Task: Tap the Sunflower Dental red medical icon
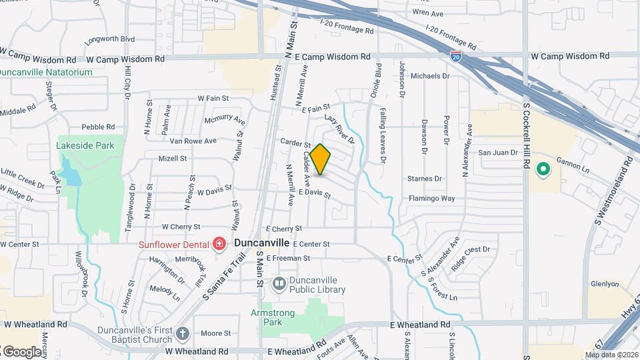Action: pos(219,245)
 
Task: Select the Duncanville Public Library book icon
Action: pos(279,285)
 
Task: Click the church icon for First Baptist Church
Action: pos(183,333)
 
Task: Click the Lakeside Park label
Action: pos(85,145)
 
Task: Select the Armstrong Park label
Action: pos(272,317)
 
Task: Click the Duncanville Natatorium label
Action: pos(45,72)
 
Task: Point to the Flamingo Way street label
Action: pos(431,199)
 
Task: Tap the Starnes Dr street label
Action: pos(424,179)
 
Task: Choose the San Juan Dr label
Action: pos(498,153)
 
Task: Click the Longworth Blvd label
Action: pos(109,39)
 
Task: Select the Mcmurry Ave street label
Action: pos(225,121)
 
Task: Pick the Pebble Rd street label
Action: pos(98,127)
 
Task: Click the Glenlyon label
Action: pos(605,284)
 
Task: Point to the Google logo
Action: pos(22,351)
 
